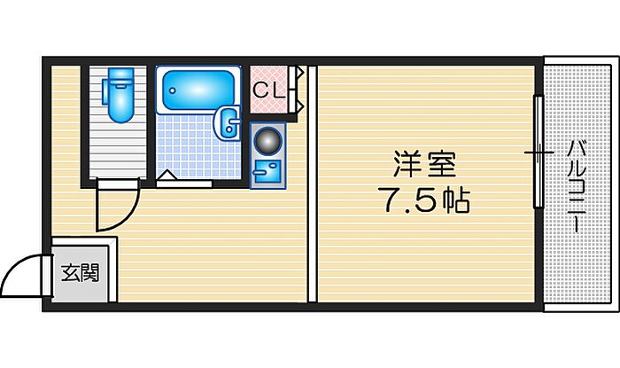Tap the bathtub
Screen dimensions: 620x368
click(198, 90)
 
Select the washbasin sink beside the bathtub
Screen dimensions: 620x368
click(228, 122)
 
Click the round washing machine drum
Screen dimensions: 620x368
click(267, 140)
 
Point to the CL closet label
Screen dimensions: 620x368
click(268, 91)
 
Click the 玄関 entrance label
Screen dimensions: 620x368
click(81, 272)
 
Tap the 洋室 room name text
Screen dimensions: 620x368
click(425, 165)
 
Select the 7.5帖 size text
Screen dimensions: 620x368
click(424, 200)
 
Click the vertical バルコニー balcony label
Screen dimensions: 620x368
click(577, 188)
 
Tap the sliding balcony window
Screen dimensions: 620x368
click(538, 152)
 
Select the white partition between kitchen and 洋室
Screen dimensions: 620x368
click(313, 184)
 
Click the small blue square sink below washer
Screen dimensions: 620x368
click(267, 172)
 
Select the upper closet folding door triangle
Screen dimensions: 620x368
click(298, 73)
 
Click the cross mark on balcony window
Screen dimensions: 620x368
click(539, 153)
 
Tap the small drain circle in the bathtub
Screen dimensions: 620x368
click(172, 90)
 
